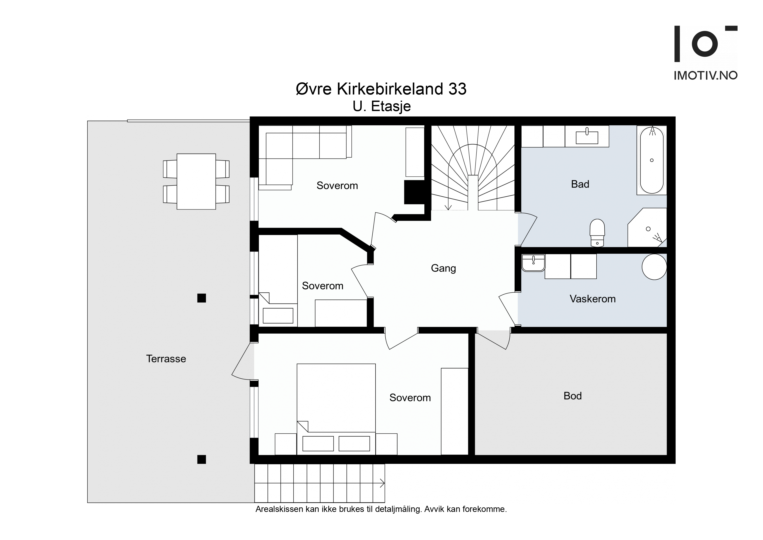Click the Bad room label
tap(580, 184)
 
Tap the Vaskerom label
tap(592, 299)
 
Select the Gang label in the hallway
tap(443, 268)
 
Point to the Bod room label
tap(573, 396)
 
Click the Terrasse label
tap(166, 359)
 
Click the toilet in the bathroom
tap(597, 233)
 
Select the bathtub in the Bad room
tap(652, 160)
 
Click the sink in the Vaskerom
tap(533, 263)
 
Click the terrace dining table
tap(196, 181)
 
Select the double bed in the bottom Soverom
tap(336, 409)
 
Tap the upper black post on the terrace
tap(201, 298)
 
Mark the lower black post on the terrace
tap(201, 459)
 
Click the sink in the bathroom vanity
tap(587, 137)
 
